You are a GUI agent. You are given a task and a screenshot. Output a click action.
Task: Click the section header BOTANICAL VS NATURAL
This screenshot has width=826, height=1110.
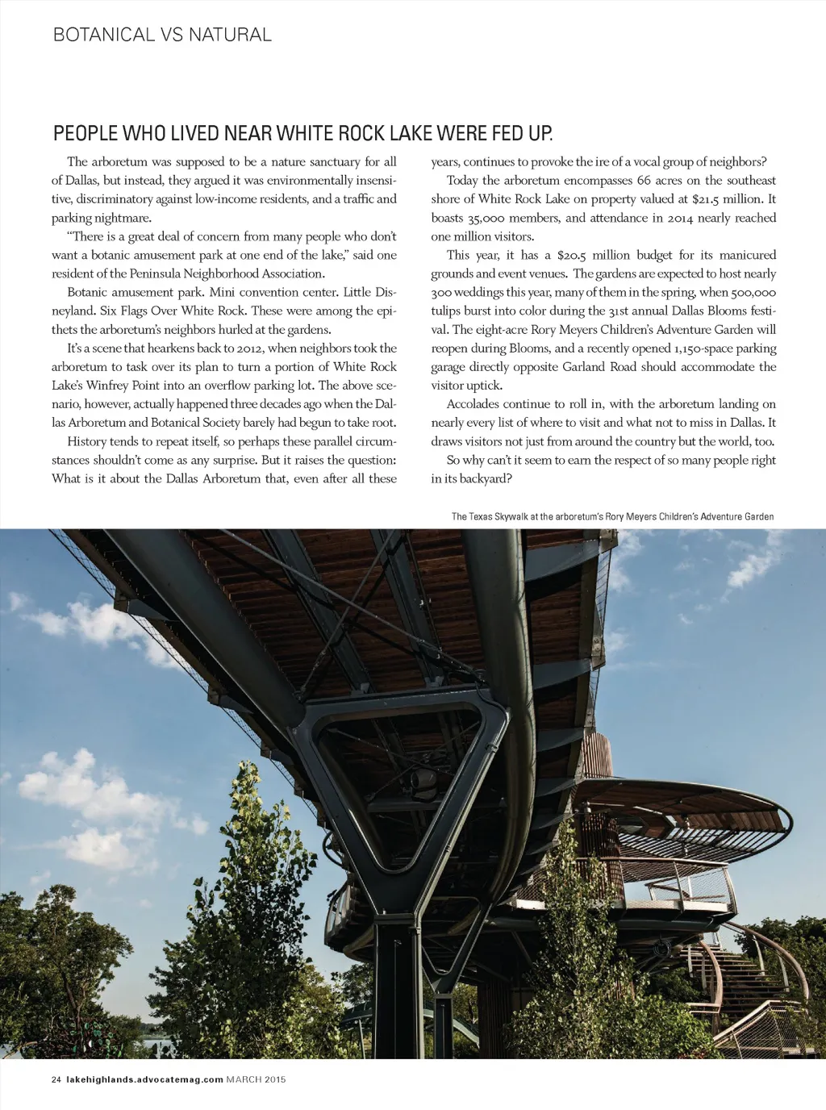tap(162, 35)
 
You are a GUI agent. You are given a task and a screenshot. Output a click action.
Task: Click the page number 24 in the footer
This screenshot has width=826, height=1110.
tap(56, 1079)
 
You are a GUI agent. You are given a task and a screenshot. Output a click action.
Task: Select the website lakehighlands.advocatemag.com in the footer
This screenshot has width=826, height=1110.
tap(144, 1079)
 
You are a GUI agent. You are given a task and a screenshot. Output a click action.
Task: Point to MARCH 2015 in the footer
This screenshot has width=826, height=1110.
tap(257, 1079)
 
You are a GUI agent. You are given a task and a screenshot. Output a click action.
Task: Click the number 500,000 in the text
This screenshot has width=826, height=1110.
tap(753, 293)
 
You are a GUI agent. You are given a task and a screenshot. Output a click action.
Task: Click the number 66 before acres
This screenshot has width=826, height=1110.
tap(644, 181)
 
